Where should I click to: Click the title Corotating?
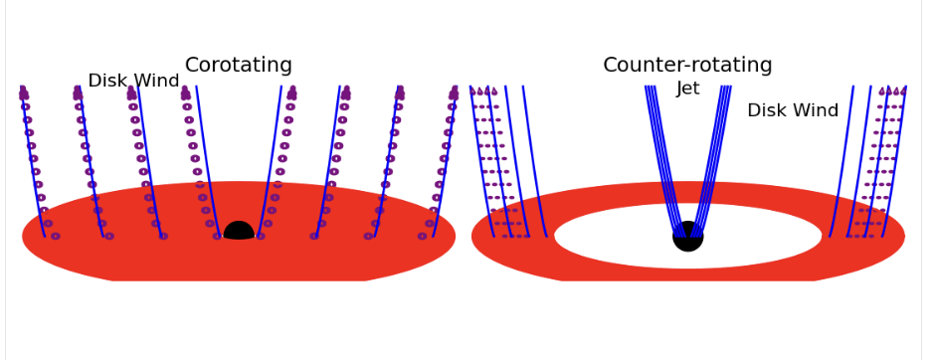pyautogui.click(x=238, y=66)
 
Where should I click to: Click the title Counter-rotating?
pyautogui.click(x=687, y=66)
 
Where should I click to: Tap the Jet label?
pyautogui.click(x=687, y=90)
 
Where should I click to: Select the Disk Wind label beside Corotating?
pyautogui.click(x=133, y=82)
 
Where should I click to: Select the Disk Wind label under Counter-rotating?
pyautogui.click(x=793, y=111)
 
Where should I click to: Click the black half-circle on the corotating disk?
pyautogui.click(x=239, y=232)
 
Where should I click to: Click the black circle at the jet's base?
pyautogui.click(x=687, y=237)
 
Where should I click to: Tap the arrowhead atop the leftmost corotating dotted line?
pyautogui.click(x=23, y=92)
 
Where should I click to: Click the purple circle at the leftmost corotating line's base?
pyautogui.click(x=55, y=236)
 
